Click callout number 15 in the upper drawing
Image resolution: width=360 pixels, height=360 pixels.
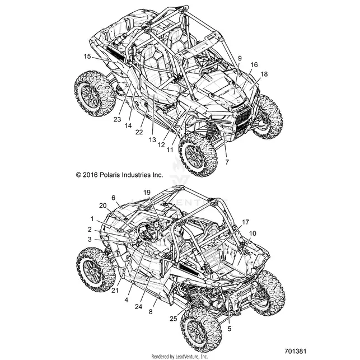coord(87,56)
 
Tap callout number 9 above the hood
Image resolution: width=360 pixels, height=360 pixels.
coord(240,58)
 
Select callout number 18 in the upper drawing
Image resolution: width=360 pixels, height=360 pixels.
coord(264,74)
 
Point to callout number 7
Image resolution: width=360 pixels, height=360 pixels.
coord(227,162)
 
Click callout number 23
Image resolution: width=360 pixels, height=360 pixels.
coord(117,119)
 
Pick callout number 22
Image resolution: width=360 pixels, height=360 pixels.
coord(139,132)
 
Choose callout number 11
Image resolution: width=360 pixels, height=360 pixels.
coord(170,149)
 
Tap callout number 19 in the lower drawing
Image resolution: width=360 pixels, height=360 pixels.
coord(147,193)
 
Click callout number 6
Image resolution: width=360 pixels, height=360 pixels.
coord(114,198)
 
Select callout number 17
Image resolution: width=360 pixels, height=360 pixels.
coord(245,222)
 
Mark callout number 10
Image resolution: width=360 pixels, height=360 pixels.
coord(253,233)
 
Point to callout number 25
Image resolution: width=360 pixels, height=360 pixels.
coord(174,319)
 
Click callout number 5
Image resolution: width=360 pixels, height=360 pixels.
coord(230,329)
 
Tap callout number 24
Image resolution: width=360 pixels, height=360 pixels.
coord(138,306)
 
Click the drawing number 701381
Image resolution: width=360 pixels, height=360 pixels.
coord(295,351)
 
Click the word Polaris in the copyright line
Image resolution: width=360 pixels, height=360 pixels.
coord(110,175)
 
